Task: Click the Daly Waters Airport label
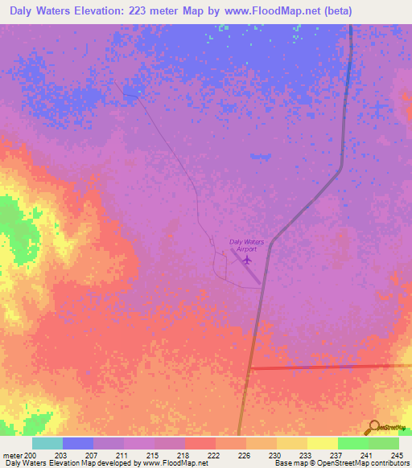[x=247, y=245]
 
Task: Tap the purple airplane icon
[x=246, y=259]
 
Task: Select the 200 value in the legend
[x=31, y=454]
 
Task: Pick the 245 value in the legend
[x=396, y=454]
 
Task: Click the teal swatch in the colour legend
[x=47, y=443]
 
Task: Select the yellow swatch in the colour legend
[x=322, y=443]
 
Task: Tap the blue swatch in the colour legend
[x=77, y=443]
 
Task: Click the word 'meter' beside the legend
[x=12, y=454]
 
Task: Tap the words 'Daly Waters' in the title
[x=40, y=12]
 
